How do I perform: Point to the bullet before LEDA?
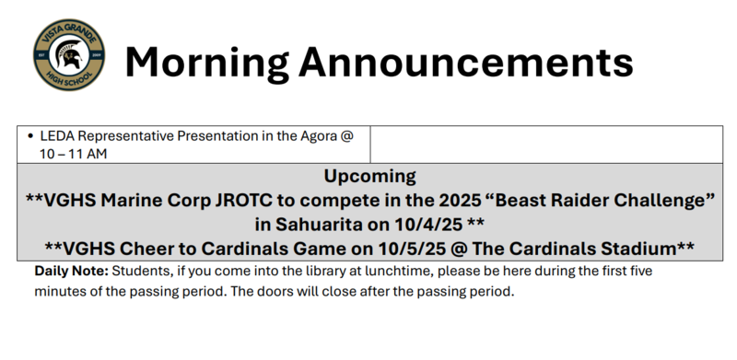(31, 136)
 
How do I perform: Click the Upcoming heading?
(369, 176)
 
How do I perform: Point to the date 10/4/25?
(430, 224)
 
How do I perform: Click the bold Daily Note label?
(72, 273)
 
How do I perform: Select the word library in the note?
(347, 273)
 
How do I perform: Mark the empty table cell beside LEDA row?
(544, 145)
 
